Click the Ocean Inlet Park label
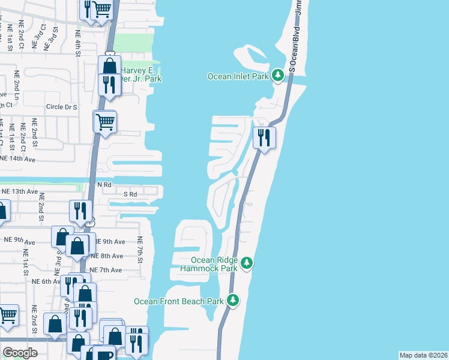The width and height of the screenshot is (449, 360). click(x=238, y=76)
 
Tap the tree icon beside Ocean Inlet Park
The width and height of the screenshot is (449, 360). click(x=277, y=76)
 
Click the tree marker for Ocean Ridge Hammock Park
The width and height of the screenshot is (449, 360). click(x=246, y=263)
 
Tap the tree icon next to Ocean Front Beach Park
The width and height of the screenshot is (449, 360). click(x=232, y=301)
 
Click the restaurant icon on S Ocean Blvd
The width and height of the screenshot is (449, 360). click(x=264, y=138)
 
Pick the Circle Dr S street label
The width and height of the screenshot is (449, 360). click(x=62, y=107)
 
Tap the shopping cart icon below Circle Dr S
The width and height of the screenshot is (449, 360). click(x=104, y=121)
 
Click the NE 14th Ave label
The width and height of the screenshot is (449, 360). click(x=18, y=159)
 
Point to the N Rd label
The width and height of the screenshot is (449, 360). click(x=105, y=185)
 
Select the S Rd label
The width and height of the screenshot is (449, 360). click(x=130, y=194)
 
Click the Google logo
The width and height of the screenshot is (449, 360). click(x=20, y=353)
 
